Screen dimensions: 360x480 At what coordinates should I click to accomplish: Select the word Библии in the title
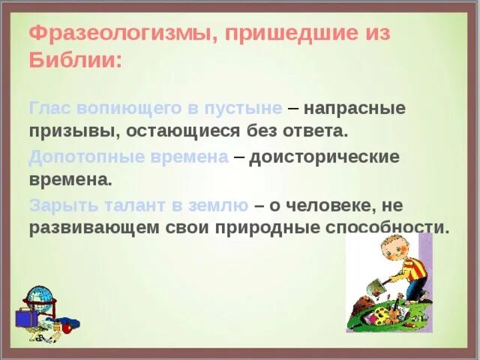[x=71, y=60]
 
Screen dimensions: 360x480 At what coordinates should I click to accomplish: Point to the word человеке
[x=337, y=205]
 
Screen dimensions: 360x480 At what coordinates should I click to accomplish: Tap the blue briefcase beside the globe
[x=25, y=318]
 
